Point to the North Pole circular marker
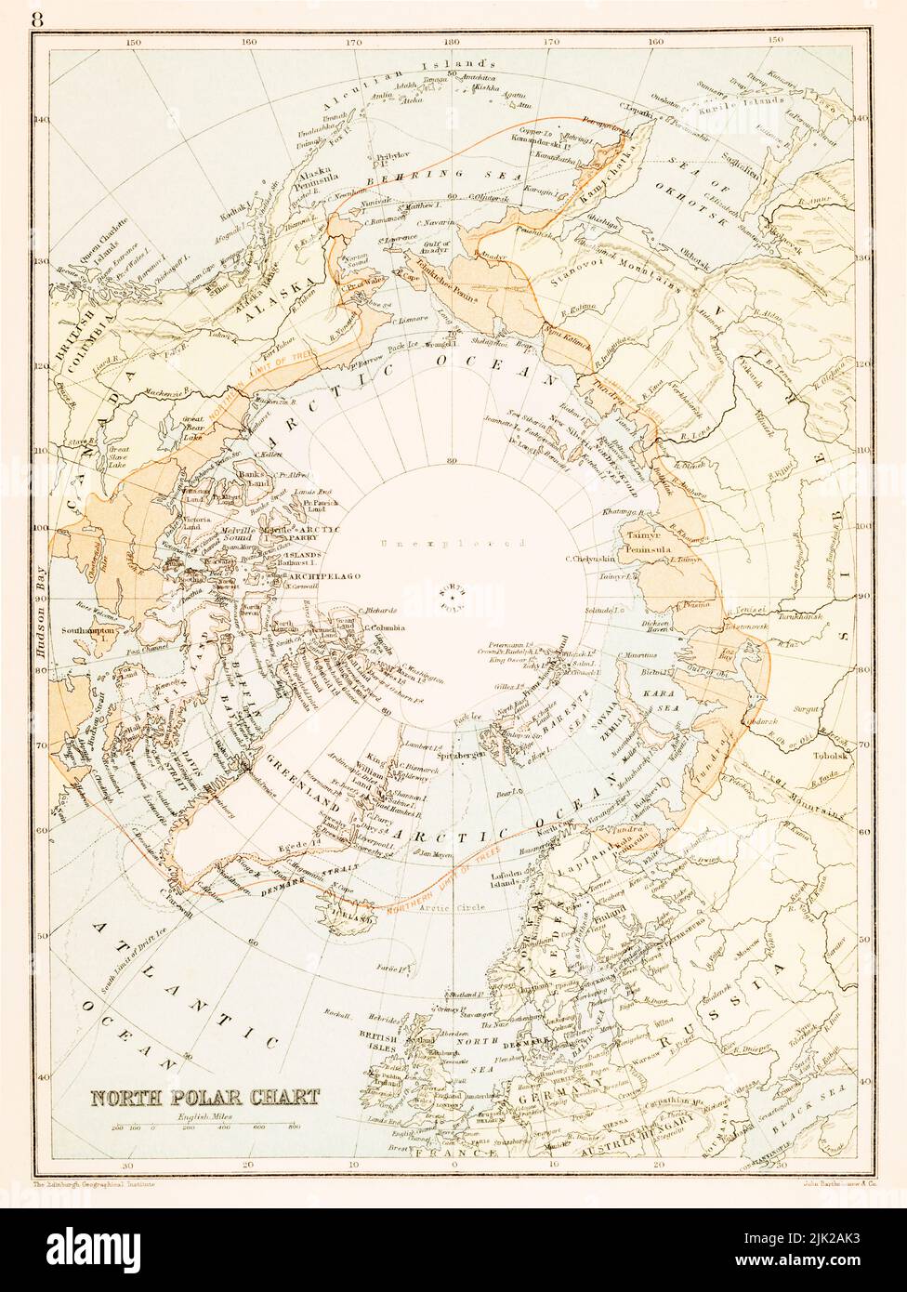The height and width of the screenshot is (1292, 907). [454, 598]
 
